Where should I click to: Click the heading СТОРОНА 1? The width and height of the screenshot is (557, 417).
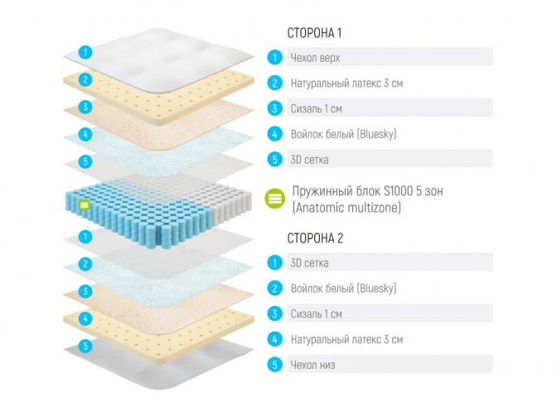[314, 33]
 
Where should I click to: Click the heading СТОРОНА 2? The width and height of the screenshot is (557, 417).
[314, 238]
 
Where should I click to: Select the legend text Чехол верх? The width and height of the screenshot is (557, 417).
[315, 58]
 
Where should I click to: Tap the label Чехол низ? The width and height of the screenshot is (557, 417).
[312, 365]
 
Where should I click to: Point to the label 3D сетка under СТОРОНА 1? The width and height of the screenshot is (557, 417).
[309, 160]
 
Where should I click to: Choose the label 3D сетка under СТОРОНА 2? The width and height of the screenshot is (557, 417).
[309, 263]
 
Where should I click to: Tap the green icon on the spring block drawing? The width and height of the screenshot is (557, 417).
[84, 204]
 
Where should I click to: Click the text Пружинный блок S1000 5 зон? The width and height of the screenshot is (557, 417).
[368, 191]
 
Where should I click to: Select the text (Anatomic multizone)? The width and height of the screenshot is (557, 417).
[346, 208]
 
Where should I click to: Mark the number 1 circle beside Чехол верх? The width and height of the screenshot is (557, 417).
[274, 58]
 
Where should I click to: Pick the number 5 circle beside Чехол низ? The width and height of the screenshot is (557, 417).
[274, 365]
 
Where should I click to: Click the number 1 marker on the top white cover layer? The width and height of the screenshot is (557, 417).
[84, 52]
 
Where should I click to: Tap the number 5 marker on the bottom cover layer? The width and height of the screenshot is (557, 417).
[84, 346]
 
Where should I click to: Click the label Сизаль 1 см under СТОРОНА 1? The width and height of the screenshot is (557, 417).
[317, 108]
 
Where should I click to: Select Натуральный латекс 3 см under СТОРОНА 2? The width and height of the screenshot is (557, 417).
[346, 339]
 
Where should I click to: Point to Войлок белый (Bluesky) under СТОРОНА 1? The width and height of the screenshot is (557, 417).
[343, 134]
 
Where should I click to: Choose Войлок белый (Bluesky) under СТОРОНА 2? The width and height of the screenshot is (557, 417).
[343, 289]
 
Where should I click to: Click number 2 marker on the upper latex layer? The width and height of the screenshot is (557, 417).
[84, 80]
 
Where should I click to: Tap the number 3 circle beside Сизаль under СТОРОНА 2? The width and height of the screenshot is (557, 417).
[274, 314]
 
